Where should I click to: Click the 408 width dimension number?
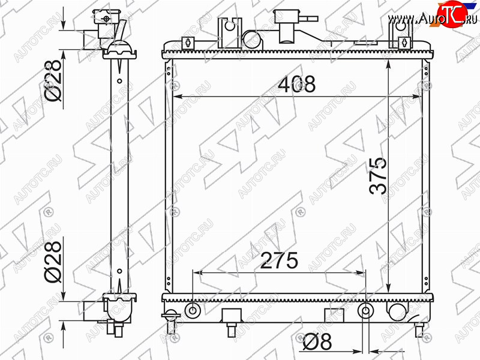pyautogui.click(x=296, y=84)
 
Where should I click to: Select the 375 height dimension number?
pyautogui.click(x=378, y=176)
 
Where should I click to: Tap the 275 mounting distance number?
pyautogui.click(x=279, y=260)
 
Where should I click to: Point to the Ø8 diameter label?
pyautogui.click(x=317, y=341)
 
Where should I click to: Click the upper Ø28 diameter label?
pyautogui.click(x=53, y=80)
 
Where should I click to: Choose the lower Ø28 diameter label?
pyautogui.click(x=53, y=262)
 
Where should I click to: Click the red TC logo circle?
pyautogui.click(x=452, y=14)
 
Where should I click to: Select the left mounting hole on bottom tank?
pyautogui.click(x=193, y=311)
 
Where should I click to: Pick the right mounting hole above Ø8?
pyautogui.click(x=366, y=311)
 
